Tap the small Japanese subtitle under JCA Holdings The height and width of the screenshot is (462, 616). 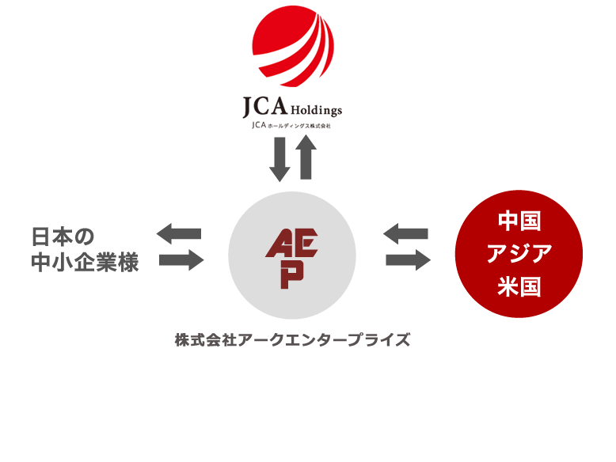(292, 125)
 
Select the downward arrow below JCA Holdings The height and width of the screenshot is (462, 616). (279, 158)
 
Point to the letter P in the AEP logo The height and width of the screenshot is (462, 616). (292, 273)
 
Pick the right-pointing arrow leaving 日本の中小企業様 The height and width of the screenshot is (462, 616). (181, 260)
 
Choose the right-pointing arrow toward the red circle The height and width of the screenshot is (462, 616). (408, 260)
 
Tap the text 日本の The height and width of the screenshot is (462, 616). (63, 237)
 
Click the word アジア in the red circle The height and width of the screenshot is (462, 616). (519, 253)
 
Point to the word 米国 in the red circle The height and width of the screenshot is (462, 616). (519, 286)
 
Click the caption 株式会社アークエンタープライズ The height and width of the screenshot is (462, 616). (292, 341)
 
